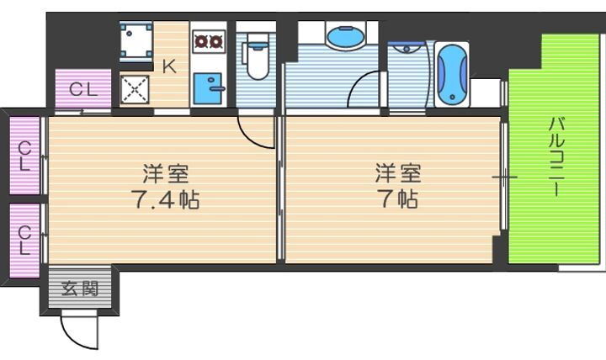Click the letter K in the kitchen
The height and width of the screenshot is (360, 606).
(169, 66)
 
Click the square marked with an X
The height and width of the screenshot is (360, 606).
(135, 90)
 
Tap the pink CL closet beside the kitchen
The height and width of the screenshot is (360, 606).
(82, 89)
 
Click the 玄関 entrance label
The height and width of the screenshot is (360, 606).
(79, 290)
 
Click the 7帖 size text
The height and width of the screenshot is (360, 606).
(397, 200)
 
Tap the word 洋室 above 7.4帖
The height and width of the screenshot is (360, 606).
(165, 174)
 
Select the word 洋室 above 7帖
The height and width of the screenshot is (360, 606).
(397, 174)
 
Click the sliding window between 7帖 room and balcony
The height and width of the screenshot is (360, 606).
(503, 177)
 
